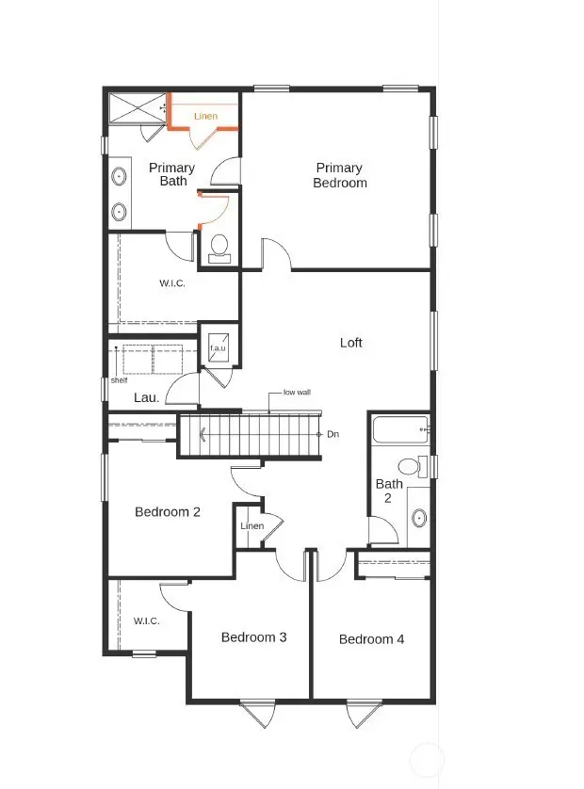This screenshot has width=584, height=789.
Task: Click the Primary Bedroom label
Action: coord(339,175)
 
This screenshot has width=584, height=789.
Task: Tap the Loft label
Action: coord(350,343)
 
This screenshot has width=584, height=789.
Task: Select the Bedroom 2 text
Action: coord(168,512)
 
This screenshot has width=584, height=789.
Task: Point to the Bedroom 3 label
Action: coord(253,637)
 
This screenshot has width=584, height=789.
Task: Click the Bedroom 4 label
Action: coord(371,639)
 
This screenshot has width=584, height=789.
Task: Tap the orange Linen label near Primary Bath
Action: coord(205,117)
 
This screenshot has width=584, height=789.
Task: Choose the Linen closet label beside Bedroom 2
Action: coord(251,525)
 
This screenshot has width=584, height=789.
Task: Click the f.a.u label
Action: coord(218,348)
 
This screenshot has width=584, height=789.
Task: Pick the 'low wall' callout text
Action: coord(297,393)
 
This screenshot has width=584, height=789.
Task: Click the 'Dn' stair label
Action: coord(333,434)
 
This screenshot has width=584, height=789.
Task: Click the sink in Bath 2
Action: coord(419,518)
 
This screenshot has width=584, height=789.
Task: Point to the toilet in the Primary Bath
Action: coord(219,247)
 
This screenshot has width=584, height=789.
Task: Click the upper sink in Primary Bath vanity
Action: coord(120,176)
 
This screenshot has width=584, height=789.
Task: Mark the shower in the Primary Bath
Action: coord(136,108)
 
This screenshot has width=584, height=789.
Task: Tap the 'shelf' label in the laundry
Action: coord(119,380)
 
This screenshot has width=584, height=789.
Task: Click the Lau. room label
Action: coord(145,398)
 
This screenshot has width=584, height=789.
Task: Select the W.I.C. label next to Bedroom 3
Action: coord(146,620)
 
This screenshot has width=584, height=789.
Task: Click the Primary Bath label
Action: coord(172,174)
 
